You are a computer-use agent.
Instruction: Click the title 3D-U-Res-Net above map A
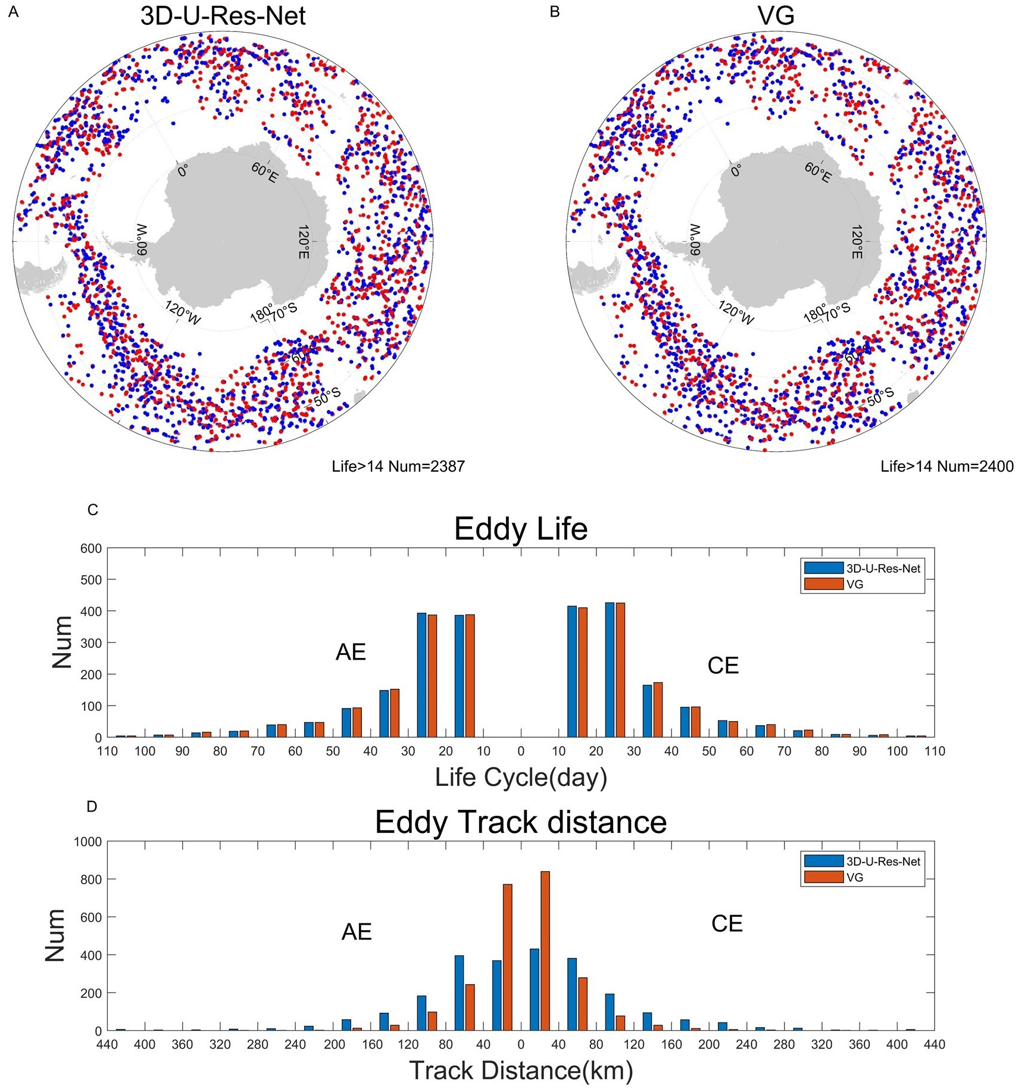click(x=223, y=16)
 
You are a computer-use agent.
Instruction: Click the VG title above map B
click(x=776, y=16)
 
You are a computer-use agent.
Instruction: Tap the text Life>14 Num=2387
click(x=398, y=466)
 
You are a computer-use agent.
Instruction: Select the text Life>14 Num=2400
click(x=947, y=466)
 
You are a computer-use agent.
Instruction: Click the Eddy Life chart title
click(x=521, y=529)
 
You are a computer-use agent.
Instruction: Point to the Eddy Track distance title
click(x=521, y=822)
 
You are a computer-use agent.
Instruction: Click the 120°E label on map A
click(x=304, y=242)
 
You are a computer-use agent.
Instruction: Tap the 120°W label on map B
click(x=736, y=313)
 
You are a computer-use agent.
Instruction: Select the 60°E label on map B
click(x=818, y=172)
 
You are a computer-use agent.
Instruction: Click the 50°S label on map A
click(x=327, y=396)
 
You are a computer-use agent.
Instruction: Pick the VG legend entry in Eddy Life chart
click(x=854, y=584)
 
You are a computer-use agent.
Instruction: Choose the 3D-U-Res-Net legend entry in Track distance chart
click(x=883, y=862)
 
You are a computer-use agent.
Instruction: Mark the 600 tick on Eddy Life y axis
click(x=91, y=548)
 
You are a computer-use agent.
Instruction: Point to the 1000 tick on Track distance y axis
click(x=88, y=842)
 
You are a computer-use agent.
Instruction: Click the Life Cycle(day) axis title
click(x=521, y=778)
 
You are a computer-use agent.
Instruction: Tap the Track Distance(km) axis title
click(x=521, y=1071)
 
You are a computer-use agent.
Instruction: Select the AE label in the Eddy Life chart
click(x=351, y=653)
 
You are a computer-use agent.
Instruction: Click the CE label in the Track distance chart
click(x=727, y=923)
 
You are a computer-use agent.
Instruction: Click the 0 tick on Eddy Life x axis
click(x=521, y=751)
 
